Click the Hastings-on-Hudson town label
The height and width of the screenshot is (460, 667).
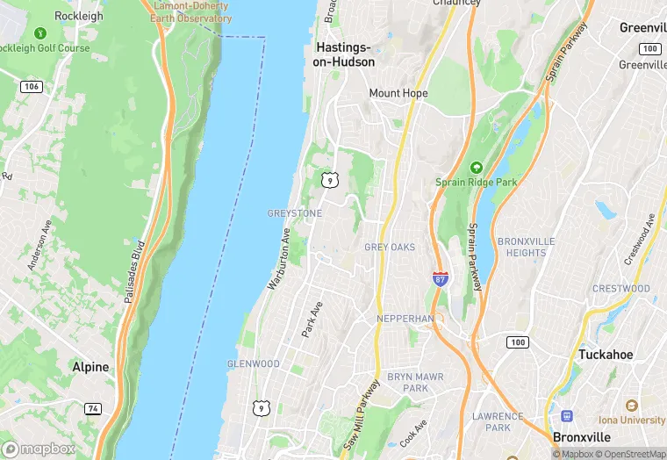344,54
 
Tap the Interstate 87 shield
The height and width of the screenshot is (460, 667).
441,278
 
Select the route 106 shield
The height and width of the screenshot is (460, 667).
32,85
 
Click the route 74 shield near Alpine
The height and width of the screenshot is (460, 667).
92,408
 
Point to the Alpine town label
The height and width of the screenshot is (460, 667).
91,367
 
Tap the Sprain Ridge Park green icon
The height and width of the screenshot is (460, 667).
477,167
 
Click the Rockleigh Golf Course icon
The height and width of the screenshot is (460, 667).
39,33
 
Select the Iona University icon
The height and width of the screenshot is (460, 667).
630,406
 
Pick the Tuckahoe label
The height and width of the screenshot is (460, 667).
606,355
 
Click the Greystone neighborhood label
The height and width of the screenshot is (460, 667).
294,213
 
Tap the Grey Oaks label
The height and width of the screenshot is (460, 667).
390,248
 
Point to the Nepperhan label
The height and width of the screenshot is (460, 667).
405,318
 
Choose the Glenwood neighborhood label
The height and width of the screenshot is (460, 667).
253,363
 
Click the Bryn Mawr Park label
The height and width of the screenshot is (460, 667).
408,383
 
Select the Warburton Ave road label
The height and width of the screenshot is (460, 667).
279,259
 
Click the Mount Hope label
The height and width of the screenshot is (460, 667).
398,93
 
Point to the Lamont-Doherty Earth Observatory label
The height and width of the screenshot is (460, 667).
193,11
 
